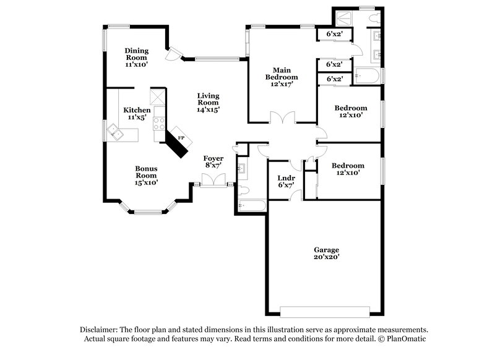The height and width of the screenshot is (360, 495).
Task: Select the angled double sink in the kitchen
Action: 114,131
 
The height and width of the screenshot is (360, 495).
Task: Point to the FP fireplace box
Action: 181,138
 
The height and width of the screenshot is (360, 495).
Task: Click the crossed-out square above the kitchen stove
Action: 159,96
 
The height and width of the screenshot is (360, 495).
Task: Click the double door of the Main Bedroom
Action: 282,117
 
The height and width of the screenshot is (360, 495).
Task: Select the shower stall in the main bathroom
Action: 342,19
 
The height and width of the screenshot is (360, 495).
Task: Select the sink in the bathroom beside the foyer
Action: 243,166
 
